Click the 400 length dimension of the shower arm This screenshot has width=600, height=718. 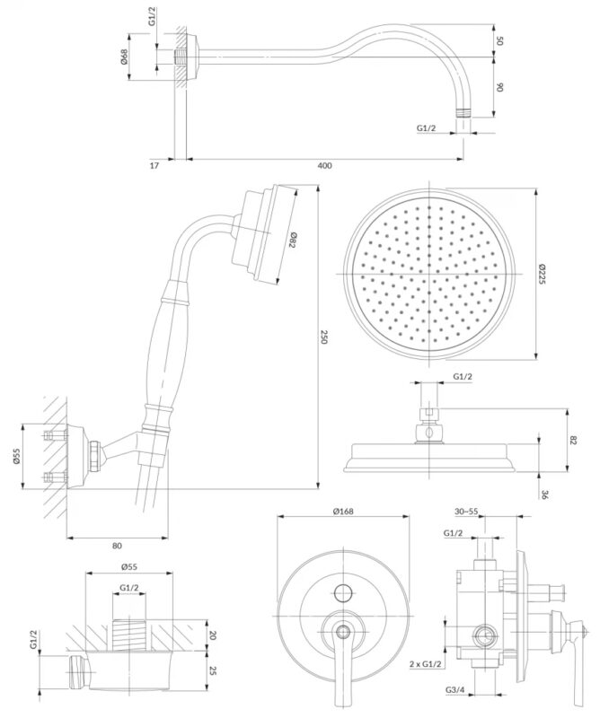point(324,165)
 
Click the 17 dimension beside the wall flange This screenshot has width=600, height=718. point(154,165)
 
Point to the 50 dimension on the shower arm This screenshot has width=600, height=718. point(500,41)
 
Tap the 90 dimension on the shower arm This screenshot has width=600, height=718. point(500,88)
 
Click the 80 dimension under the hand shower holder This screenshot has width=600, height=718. point(117,545)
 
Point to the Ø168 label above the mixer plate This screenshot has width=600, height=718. point(342,512)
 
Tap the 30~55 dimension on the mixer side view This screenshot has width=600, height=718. point(466,512)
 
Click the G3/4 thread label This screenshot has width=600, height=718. point(456,688)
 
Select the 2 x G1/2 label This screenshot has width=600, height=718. point(426,663)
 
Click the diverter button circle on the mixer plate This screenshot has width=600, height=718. point(342,592)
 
